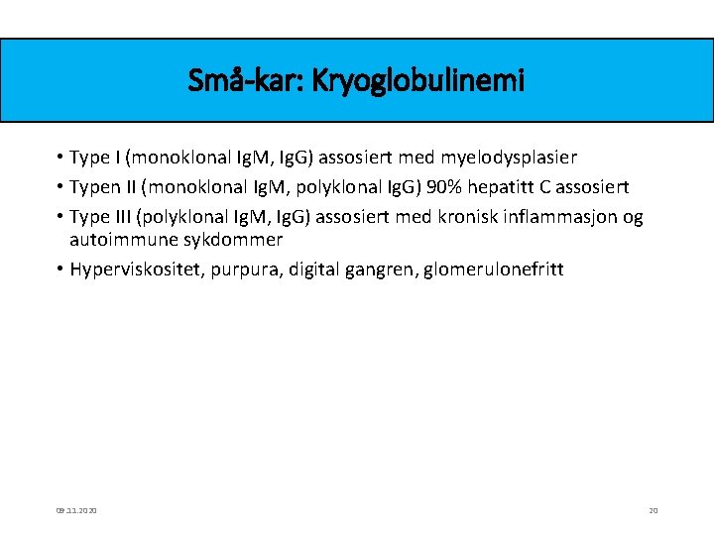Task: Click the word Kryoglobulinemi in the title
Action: pyautogui.click(x=417, y=81)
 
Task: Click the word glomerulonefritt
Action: pyautogui.click(x=493, y=268)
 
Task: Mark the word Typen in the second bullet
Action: pyautogui.click(x=95, y=187)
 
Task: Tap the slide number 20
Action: pyautogui.click(x=653, y=510)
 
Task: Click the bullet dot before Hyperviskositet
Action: pyautogui.click(x=60, y=269)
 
